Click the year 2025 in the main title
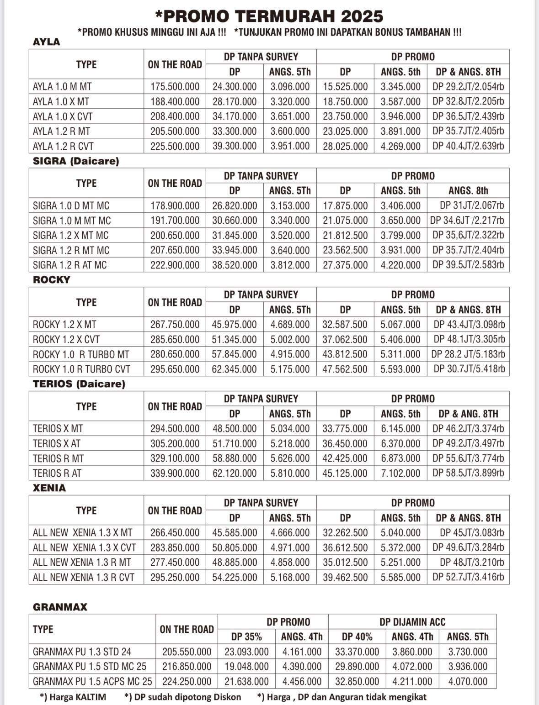click(x=362, y=16)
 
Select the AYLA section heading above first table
click(x=47, y=42)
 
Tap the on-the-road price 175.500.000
click(x=175, y=87)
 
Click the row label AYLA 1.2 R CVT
click(x=63, y=147)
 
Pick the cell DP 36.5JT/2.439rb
click(x=468, y=116)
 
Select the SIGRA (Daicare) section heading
click(x=76, y=161)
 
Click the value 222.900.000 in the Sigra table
click(x=175, y=265)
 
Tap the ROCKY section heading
click(x=52, y=280)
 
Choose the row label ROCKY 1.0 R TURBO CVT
click(x=81, y=369)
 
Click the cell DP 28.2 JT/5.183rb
click(x=468, y=354)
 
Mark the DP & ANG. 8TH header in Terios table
click(x=468, y=414)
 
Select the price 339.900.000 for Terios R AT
click(x=175, y=474)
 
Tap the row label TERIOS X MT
click(x=58, y=429)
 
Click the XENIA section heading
click(x=49, y=488)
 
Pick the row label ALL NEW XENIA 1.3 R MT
click(x=82, y=563)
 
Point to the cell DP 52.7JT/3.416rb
click(x=468, y=578)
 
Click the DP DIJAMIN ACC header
click(x=412, y=622)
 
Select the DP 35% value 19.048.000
click(x=246, y=667)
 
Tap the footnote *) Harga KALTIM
click(x=73, y=697)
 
